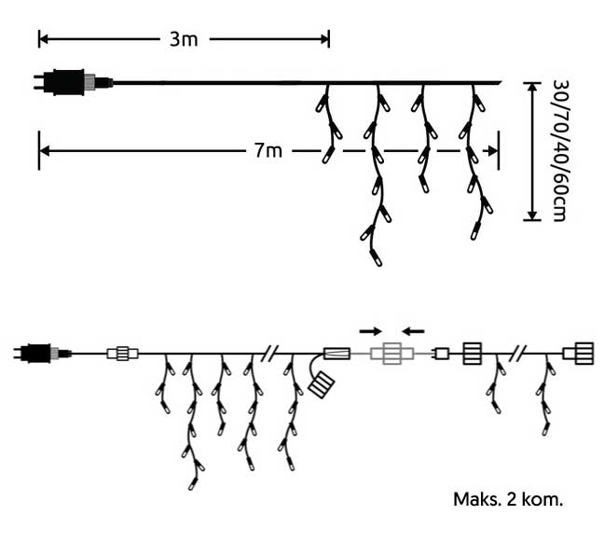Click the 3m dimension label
coord(183,39)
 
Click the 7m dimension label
coord(267,150)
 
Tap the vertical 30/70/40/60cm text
coord(559,149)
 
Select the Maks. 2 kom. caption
coord(508,499)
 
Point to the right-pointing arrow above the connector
coord(370,330)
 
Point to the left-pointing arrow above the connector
coord(414,330)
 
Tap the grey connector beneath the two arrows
coord(391,354)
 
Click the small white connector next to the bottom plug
coord(122,354)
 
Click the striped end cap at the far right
coord(578,354)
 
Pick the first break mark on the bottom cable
coord(270,354)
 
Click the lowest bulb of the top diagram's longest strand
coord(376,256)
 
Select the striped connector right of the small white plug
coord(472,354)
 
